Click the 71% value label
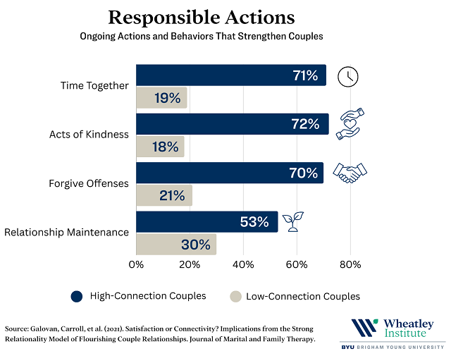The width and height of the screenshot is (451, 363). (x=306, y=75)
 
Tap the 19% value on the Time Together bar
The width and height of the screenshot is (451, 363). (x=168, y=98)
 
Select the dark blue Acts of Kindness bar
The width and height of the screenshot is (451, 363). (x=232, y=124)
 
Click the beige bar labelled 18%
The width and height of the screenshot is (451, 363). (x=160, y=147)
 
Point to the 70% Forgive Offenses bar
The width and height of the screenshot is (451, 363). (x=229, y=173)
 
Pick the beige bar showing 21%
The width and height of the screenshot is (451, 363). (x=163, y=195)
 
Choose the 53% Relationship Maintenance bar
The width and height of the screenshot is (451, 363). (x=206, y=221)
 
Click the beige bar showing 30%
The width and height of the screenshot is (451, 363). (x=175, y=245)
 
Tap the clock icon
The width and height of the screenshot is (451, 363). (x=347, y=75)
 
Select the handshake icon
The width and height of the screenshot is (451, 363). (x=350, y=173)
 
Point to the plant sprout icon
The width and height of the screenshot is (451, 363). (x=293, y=221)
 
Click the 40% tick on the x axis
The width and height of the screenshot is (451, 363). (x=243, y=265)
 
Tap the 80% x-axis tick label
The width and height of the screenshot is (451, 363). (x=350, y=265)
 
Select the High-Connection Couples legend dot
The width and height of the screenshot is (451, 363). (x=77, y=296)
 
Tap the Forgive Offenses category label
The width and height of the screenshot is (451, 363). (x=89, y=184)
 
